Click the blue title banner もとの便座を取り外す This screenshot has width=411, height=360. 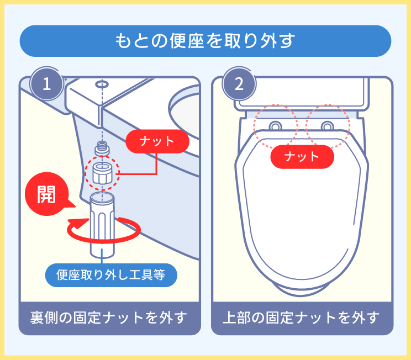coord(205,41)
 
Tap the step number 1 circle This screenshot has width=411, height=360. coord(48,84)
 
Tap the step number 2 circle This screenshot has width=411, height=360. coord(239,84)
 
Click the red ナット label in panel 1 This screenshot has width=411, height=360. coord(157,141)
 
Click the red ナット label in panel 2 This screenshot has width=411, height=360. coord(302,157)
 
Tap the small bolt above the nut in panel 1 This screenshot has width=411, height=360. coord(102,148)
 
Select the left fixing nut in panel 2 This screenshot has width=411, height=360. coord(275,125)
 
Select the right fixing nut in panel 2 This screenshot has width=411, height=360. coord(327,125)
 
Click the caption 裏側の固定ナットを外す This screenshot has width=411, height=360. coord(109,319)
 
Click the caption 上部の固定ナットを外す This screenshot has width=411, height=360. coord(302,319)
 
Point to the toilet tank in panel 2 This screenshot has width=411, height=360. coord(302,92)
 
